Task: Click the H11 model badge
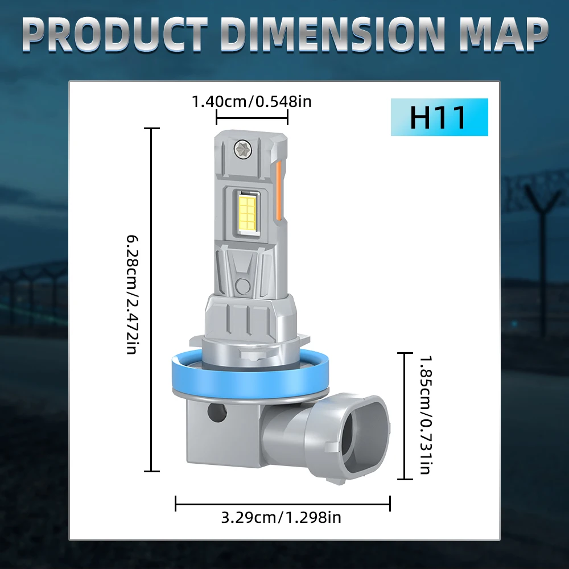(439, 117)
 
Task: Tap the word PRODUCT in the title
(114, 35)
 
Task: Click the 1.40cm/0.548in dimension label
(251, 101)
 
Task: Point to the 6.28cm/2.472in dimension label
(132, 294)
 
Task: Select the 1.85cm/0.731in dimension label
(425, 415)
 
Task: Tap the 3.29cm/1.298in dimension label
(281, 517)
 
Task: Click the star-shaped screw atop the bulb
(242, 149)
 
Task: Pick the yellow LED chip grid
(248, 211)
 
